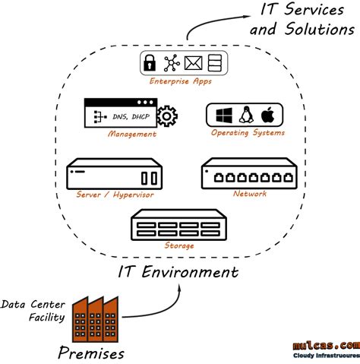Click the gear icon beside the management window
point(166,118)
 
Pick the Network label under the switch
point(250,195)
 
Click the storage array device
point(179,226)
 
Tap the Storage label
point(179,245)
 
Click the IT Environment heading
point(178,271)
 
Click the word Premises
point(91,353)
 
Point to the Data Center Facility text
point(33,311)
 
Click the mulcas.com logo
point(326,346)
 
